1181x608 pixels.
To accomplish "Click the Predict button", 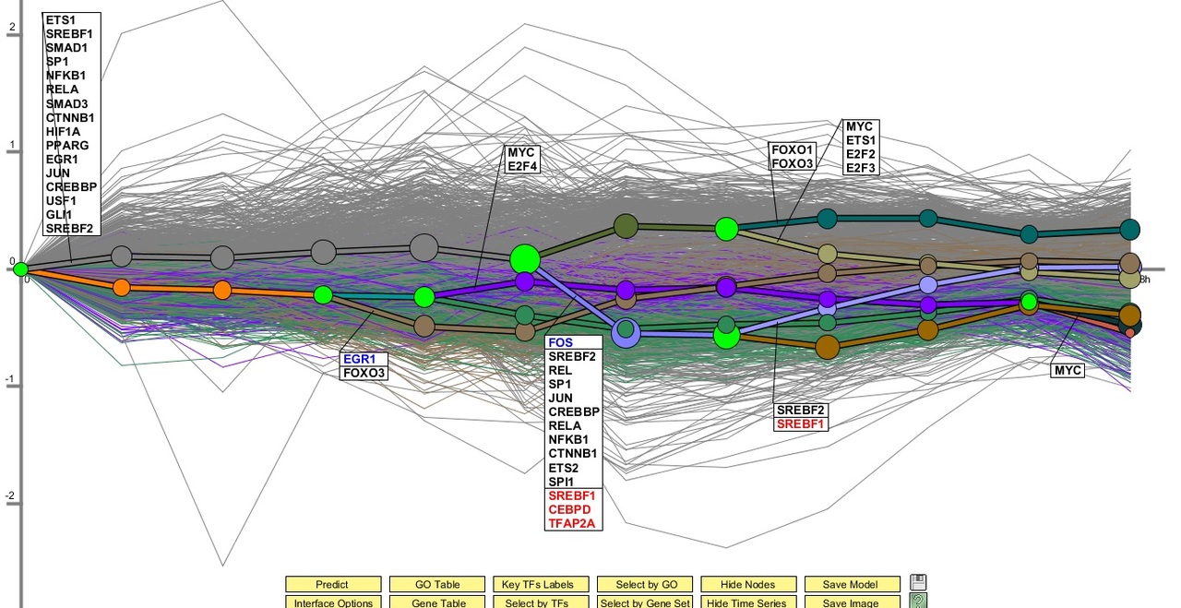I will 332,584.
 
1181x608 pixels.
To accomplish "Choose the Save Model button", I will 852,584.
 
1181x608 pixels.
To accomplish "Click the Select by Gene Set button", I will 644,602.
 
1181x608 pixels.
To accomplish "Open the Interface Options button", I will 332,602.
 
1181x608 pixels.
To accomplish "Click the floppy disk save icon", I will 917,582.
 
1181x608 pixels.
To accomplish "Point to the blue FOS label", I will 560,342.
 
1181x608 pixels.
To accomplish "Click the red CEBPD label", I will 569,509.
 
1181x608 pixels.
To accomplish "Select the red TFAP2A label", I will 572,523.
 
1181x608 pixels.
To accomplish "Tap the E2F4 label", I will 521,166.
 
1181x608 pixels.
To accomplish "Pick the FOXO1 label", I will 793,149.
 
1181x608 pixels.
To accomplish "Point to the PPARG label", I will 67,146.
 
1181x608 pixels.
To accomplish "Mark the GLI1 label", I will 60,215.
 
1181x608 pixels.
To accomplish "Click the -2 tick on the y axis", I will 12,496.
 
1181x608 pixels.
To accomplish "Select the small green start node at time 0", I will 20,269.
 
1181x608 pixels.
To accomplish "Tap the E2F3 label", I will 862,168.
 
